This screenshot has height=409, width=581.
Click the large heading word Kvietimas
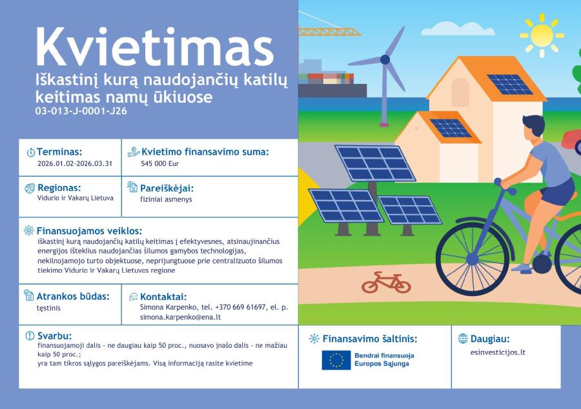[155, 47]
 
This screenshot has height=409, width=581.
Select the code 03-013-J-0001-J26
[81, 111]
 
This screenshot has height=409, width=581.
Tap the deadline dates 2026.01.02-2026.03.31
[75, 164]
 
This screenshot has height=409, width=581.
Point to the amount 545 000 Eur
[159, 164]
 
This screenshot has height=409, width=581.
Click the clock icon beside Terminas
[31, 152]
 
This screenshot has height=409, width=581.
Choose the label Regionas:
[59, 188]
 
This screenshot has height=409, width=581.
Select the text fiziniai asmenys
[166, 199]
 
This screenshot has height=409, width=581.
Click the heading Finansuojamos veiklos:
[89, 231]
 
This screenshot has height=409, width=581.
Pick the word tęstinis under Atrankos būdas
[48, 308]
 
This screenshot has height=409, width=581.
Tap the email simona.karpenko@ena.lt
[181, 317]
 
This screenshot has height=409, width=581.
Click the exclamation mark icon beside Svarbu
[30, 335]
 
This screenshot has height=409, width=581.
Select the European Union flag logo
[336, 360]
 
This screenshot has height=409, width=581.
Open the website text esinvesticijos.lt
[498, 352]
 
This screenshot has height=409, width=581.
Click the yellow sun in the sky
[542, 35]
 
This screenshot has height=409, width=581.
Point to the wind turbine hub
[385, 59]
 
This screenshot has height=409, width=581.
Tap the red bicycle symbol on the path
[387, 283]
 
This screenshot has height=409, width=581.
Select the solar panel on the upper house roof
[510, 85]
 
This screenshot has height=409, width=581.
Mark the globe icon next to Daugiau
[463, 338]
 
